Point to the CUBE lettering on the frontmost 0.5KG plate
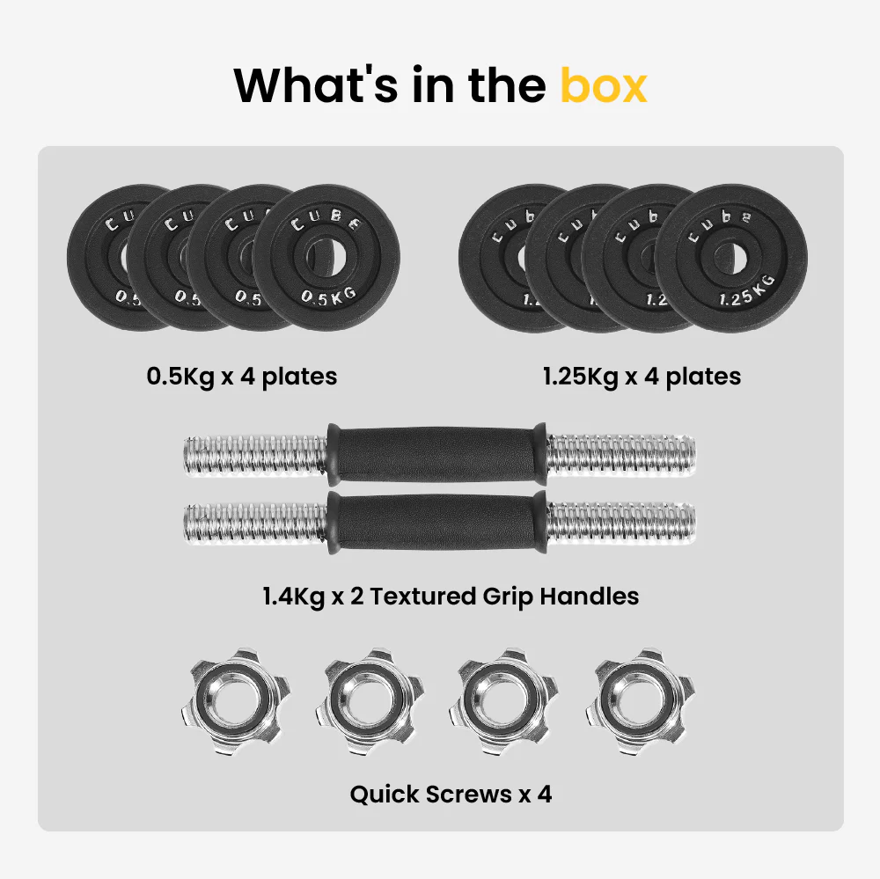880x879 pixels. (326, 221)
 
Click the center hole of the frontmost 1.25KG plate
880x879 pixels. (730, 258)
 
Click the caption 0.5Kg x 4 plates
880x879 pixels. (242, 377)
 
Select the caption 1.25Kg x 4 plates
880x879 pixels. (642, 377)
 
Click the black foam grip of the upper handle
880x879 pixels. (436, 455)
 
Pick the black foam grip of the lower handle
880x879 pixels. (436, 523)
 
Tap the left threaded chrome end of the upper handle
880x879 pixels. (256, 456)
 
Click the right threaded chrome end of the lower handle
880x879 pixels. (620, 524)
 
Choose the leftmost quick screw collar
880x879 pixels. (236, 700)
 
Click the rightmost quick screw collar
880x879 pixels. (640, 700)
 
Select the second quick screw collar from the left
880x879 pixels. (370, 700)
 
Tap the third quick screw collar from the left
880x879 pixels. (504, 700)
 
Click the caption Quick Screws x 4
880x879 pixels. (451, 795)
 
